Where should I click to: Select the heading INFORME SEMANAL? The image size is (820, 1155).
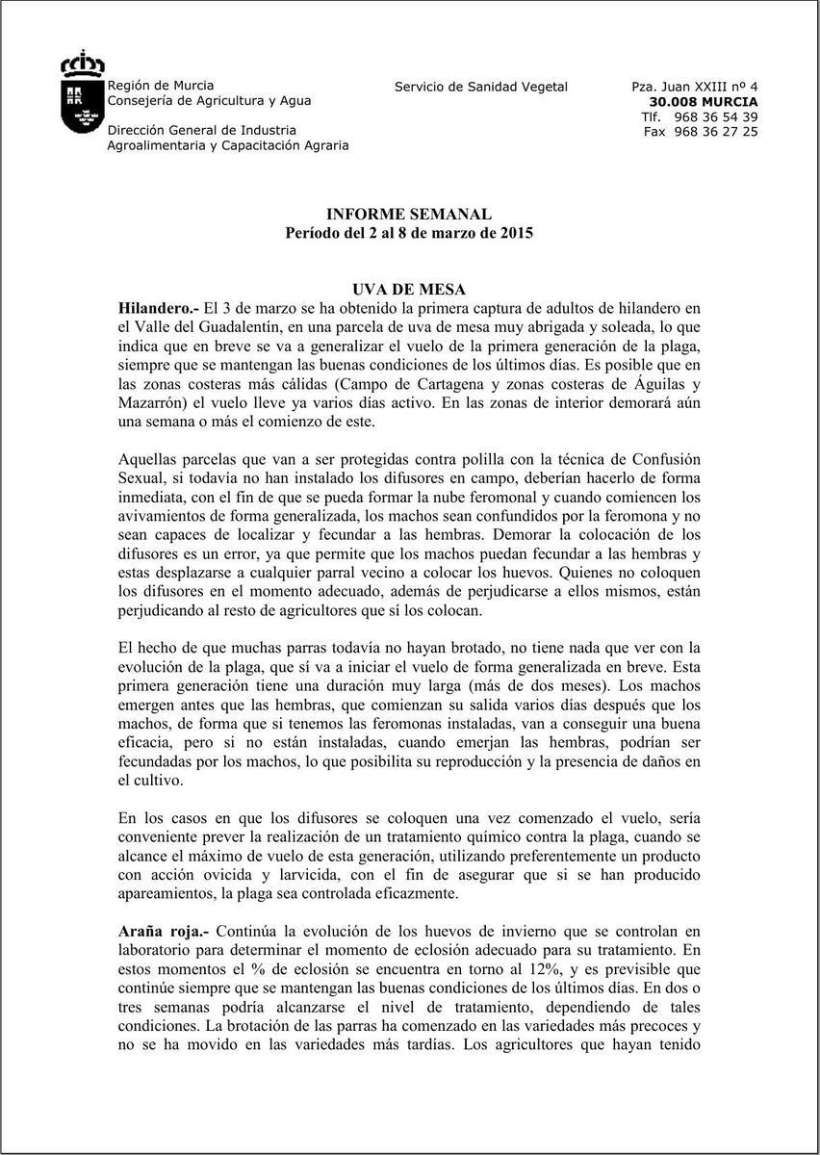click(409, 215)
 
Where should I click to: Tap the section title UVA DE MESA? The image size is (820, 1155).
click(409, 290)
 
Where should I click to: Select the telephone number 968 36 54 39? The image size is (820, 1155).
click(716, 116)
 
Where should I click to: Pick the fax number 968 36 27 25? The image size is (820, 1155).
click(716, 132)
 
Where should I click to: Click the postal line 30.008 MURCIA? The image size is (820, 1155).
click(704, 101)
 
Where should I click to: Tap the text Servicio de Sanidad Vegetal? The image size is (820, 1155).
click(481, 87)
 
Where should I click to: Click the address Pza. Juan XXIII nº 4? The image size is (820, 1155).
click(695, 87)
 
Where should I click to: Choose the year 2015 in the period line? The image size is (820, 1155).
click(515, 233)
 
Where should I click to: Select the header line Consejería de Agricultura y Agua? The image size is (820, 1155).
click(209, 101)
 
